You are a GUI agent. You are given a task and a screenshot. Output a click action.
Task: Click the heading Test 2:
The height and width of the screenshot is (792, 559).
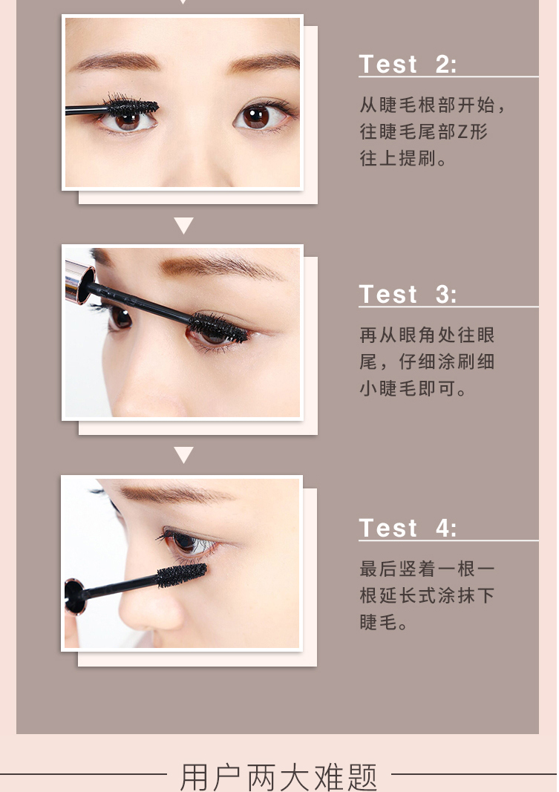coord(407,64)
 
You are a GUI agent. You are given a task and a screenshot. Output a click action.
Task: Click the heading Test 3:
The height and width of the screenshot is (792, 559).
coord(407,294)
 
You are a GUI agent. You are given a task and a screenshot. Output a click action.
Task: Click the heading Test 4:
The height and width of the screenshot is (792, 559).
coord(407,528)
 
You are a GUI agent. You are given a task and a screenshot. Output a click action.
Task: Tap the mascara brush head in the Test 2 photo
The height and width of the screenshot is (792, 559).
coord(132,106)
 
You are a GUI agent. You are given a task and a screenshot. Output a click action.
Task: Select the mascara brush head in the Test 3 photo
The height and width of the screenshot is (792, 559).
coord(219,327)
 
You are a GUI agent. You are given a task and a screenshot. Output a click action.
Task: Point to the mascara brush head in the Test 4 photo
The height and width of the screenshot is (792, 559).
coord(182,575)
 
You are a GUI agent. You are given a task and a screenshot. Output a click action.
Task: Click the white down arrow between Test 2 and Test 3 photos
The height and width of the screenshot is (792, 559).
coord(183,225)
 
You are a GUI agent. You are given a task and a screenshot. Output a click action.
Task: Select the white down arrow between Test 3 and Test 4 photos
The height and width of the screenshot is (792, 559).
coord(183,454)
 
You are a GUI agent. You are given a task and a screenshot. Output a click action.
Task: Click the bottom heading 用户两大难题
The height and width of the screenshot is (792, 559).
coord(278,776)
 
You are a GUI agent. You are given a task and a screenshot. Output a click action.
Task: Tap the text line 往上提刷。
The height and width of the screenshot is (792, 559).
coord(403,159)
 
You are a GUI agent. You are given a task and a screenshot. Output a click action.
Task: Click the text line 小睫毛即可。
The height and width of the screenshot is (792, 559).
coord(413,388)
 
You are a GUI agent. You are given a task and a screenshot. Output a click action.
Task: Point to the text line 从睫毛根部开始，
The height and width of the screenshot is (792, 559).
coord(432,105)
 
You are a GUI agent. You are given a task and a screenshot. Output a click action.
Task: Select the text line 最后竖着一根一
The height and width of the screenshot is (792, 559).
coord(427,569)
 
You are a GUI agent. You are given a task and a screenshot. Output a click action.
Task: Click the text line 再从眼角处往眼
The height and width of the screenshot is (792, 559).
coord(427,335)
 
